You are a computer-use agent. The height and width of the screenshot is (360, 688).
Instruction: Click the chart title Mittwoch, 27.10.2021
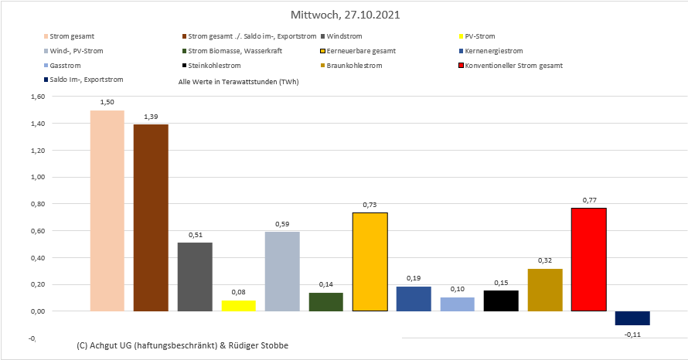click(345, 15)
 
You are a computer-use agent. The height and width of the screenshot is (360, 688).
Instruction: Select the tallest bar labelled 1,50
click(107, 210)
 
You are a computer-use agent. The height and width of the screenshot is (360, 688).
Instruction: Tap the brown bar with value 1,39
click(151, 217)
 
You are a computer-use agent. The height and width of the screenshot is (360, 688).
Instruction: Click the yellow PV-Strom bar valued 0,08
click(238, 305)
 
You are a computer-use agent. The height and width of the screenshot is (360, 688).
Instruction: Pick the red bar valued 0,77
click(589, 259)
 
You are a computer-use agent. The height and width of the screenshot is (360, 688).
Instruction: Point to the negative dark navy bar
click(632, 318)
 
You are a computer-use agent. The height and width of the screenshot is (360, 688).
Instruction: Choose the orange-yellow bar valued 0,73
click(370, 261)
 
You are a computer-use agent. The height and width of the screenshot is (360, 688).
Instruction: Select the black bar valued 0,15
click(501, 301)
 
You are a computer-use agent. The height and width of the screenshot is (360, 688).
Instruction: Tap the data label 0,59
click(281, 224)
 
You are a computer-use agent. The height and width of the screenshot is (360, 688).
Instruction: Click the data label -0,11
click(633, 333)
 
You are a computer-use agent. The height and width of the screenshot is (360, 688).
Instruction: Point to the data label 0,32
click(545, 260)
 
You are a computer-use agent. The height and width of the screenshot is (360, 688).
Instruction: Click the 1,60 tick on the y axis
click(37, 97)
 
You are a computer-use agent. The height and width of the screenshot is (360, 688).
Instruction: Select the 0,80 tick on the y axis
click(37, 204)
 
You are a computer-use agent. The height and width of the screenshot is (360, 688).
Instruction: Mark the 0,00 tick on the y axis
click(37, 311)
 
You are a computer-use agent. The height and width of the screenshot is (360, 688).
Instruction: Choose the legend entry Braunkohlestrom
click(356, 66)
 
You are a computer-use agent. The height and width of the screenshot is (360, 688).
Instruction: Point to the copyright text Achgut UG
click(184, 344)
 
